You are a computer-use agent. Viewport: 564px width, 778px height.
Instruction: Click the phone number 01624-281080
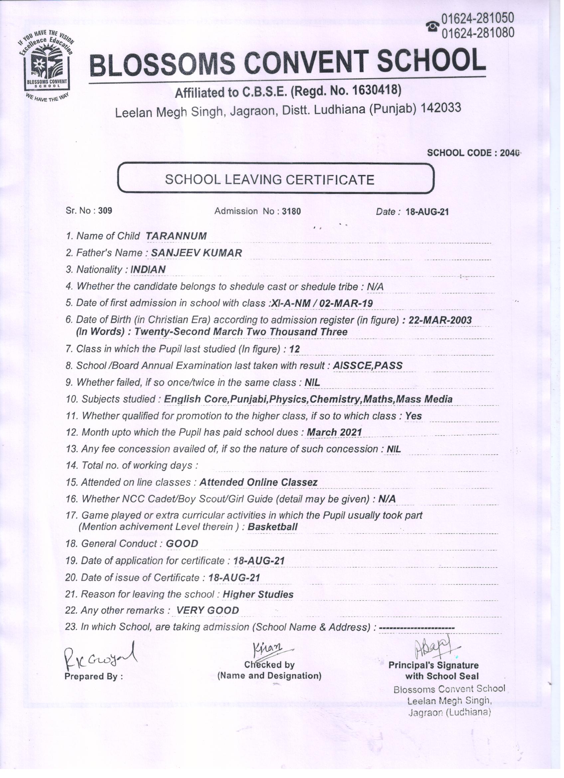coord(478,33)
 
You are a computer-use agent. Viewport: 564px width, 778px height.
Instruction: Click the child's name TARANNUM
coord(176,236)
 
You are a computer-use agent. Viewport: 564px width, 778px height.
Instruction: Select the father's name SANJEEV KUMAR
coord(197,253)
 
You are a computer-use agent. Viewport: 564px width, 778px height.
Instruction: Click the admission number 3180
coord(291,211)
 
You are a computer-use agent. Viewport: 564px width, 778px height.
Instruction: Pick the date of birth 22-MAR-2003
coord(440,320)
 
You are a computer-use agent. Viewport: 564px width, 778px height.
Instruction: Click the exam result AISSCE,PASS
coord(367,365)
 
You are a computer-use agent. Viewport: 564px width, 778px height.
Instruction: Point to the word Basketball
coord(272,526)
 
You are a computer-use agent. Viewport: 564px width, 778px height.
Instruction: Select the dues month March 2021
coord(334,433)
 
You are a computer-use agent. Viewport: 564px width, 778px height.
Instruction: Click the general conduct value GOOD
coord(182,544)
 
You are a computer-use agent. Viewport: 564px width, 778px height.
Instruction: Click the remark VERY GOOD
coord(207,611)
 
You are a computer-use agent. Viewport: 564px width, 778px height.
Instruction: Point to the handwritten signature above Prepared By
coord(100,655)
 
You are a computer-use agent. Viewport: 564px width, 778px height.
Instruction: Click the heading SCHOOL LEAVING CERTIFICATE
coord(269,179)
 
